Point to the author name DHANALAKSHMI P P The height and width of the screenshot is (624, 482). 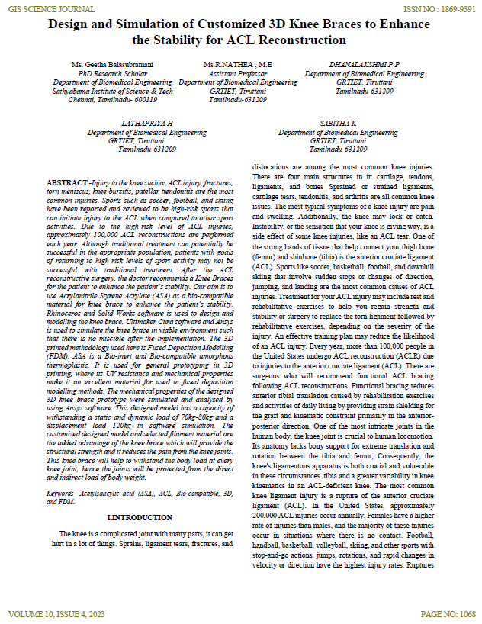(364, 65)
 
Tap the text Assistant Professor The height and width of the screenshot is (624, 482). (238, 73)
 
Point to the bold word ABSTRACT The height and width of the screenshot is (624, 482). (66, 184)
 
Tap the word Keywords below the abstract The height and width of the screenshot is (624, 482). (64, 494)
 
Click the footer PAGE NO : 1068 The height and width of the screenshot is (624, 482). (448, 613)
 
